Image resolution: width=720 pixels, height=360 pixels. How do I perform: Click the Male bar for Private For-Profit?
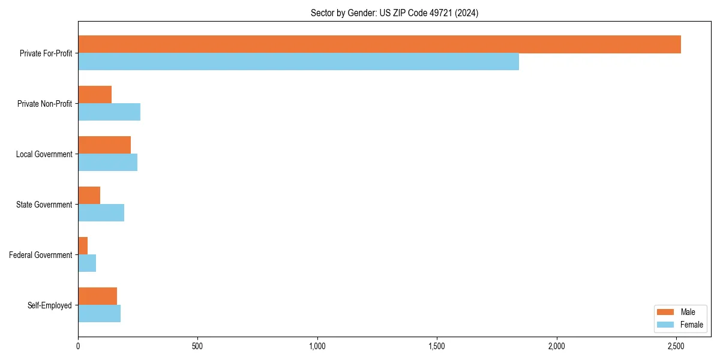pos(379,44)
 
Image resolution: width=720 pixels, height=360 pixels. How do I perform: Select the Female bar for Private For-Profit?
pos(298,62)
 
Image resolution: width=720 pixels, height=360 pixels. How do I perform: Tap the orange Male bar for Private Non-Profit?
pos(95,95)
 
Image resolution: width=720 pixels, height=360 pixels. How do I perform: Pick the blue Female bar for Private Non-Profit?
pos(109,112)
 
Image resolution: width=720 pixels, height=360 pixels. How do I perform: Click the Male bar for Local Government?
pos(104,145)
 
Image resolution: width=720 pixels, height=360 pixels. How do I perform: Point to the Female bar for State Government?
pos(101,213)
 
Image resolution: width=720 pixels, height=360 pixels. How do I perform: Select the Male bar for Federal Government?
pos(83,246)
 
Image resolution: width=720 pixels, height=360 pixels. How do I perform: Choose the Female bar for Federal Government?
pos(87,263)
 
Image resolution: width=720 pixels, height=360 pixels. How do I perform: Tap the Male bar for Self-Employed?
pos(97,296)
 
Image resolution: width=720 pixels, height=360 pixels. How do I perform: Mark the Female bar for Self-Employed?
pos(99,314)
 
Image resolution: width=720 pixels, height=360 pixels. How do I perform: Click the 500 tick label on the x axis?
pos(197,346)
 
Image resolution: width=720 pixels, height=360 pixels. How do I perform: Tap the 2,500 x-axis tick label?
pos(676,346)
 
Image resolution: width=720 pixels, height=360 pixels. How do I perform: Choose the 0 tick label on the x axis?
pos(78,346)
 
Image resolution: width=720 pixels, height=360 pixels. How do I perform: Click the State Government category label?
pos(44,205)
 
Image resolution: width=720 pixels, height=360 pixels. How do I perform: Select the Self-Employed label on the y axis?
pos(49,305)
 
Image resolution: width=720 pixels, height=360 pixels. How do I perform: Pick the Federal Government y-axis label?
pos(40,255)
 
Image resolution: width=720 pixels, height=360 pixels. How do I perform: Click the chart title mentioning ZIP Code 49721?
pos(394,13)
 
